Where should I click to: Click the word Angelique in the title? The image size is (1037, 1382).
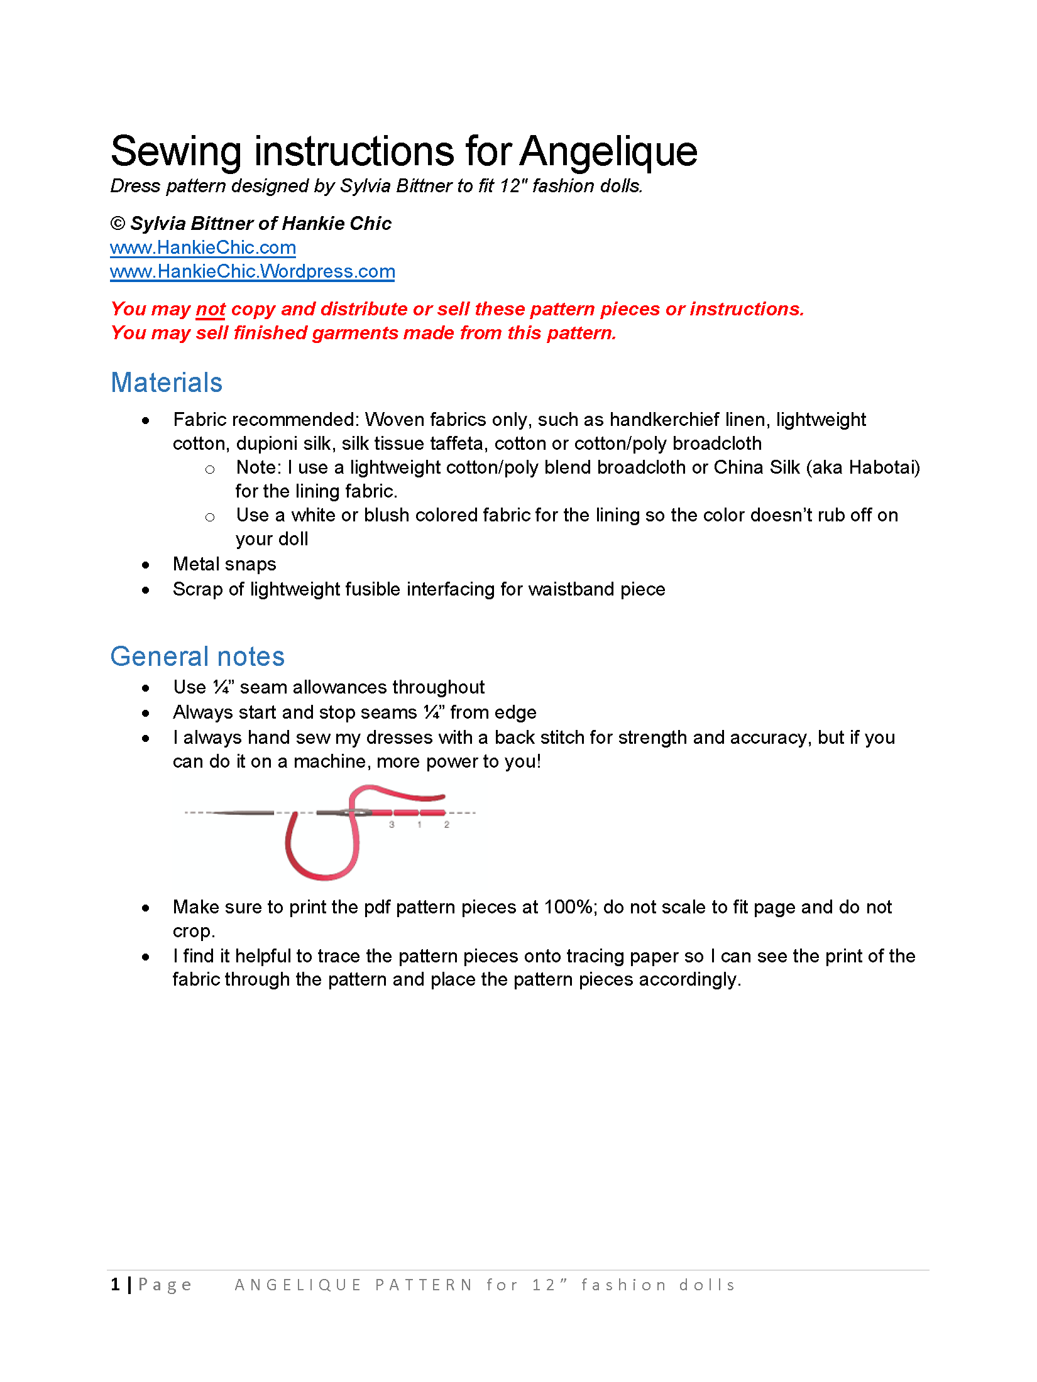[x=608, y=152]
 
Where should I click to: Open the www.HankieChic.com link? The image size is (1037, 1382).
[x=202, y=248]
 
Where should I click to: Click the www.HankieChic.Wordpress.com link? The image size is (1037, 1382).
[x=252, y=271]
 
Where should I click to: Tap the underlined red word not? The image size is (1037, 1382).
[x=210, y=309]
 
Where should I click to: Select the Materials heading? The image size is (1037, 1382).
[x=167, y=383]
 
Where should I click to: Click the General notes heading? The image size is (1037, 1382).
[x=197, y=656]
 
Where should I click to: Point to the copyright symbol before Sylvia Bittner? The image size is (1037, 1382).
[x=118, y=224]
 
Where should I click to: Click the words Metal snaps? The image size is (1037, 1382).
[x=224, y=564]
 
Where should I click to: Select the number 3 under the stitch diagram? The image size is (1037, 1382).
[x=392, y=825]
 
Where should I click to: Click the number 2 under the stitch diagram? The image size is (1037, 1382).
[x=447, y=825]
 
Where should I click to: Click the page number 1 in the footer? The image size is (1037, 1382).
[x=116, y=1285]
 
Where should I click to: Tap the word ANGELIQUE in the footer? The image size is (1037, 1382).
[x=298, y=1285]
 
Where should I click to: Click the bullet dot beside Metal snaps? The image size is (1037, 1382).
[x=146, y=565]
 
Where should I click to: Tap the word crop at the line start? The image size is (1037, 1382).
[x=192, y=931]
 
